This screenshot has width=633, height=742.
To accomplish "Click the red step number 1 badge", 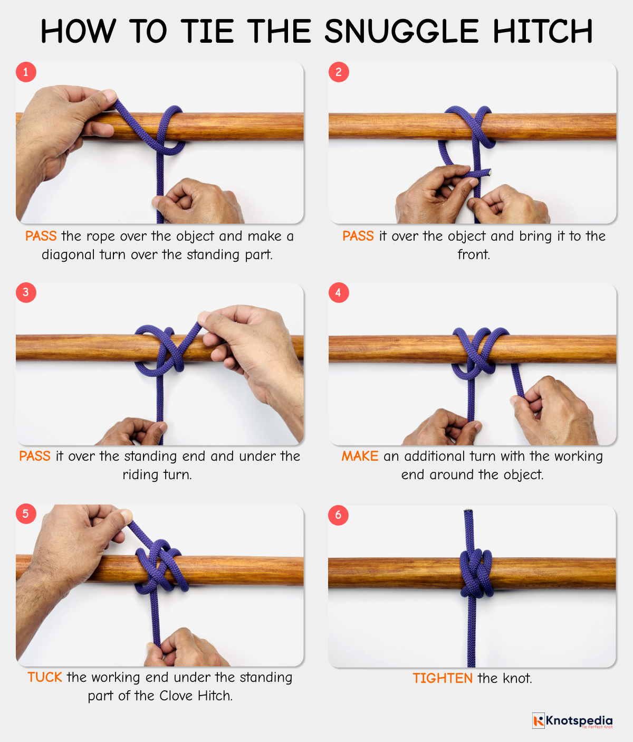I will tap(26, 72).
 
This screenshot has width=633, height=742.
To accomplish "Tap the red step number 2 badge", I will tap(339, 72).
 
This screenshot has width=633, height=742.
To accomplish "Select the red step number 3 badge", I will tap(26, 292).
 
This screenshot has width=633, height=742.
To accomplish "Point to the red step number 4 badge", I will tap(339, 292).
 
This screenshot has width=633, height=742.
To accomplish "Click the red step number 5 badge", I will tap(26, 513).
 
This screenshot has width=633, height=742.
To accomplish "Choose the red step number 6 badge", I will tap(339, 515).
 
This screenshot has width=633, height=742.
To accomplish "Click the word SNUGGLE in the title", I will tap(401, 32).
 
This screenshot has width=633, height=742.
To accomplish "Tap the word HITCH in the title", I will tap(543, 32).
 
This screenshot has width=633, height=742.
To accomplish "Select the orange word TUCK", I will tap(45, 677).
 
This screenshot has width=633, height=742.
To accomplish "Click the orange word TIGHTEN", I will tap(443, 678).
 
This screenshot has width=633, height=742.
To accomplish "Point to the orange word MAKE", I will tap(360, 456).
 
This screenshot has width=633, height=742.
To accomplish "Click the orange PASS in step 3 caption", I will tap(35, 456).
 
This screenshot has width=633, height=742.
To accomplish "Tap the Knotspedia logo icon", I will tap(538, 720).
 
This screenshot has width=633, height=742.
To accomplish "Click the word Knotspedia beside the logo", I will tap(579, 720).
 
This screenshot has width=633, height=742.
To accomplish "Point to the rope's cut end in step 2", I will tap(490, 172).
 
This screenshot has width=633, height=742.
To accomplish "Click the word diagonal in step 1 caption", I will tap(69, 254).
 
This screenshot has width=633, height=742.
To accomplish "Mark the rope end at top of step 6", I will tap(468, 512).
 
